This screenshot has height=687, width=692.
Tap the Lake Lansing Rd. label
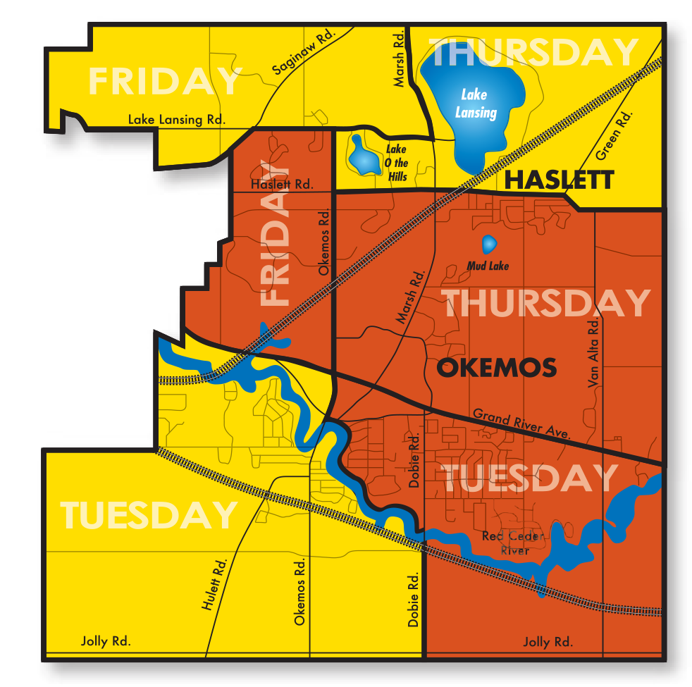point(176,120)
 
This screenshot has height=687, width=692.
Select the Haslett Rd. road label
point(281,185)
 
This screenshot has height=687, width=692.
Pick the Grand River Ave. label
point(521,423)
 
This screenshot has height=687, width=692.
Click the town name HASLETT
point(560,180)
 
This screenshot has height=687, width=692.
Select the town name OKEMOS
point(497,368)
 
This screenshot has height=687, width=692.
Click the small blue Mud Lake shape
point(488,245)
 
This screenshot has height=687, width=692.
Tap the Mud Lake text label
point(488,266)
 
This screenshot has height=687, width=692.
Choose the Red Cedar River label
point(513,543)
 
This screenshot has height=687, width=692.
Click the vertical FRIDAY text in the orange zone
point(276,233)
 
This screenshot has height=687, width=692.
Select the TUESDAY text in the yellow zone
point(149,515)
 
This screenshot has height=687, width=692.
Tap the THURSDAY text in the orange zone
point(546,304)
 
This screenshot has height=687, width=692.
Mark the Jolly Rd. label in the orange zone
point(548,642)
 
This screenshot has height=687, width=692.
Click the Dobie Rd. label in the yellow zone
point(413,599)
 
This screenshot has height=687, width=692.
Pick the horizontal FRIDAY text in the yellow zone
point(165,82)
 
